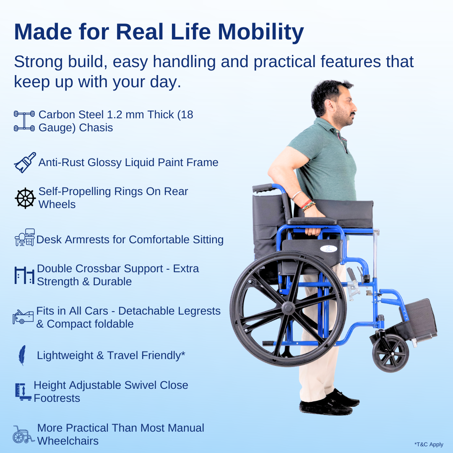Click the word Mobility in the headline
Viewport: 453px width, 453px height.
click(260, 32)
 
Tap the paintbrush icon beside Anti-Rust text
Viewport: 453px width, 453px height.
click(25, 162)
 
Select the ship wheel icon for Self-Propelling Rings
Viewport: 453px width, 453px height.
click(25, 198)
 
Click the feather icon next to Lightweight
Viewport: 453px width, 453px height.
click(22, 355)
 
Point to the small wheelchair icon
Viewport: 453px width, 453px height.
click(23, 435)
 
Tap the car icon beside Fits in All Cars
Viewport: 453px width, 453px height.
click(23, 317)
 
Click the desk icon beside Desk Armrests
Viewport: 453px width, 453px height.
click(25, 238)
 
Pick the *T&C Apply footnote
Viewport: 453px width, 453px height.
click(429, 445)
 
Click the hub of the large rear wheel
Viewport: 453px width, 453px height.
click(288, 308)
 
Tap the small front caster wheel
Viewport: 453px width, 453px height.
click(390, 353)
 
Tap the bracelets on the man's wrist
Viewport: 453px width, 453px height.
click(307, 206)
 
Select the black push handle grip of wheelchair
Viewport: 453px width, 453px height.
click(263, 188)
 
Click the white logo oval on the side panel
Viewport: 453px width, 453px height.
click(328, 249)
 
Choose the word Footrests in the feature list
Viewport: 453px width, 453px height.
click(57, 398)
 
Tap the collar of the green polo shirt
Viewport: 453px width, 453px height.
click(336, 128)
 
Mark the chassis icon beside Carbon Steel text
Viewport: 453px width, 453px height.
click(24, 121)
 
